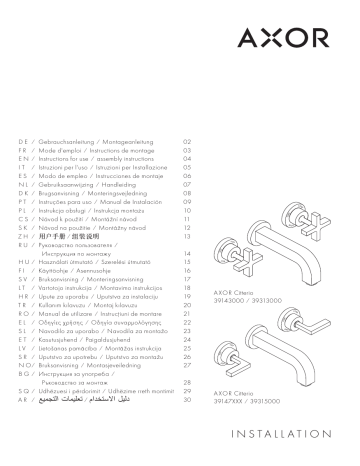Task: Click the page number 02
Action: point(185,143)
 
